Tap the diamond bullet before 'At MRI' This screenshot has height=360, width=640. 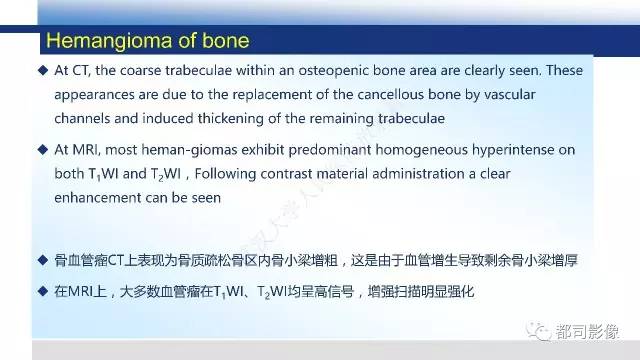(42, 150)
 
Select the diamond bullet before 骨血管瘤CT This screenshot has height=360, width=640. (42, 260)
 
